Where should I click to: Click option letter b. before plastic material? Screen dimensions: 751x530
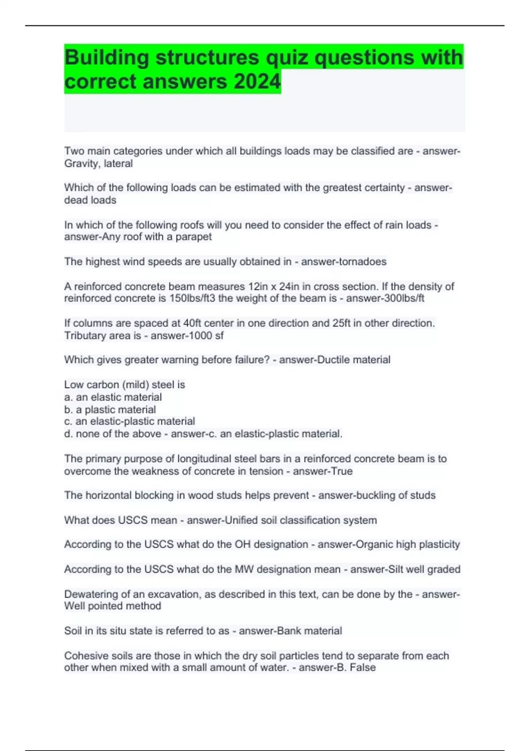point(68,410)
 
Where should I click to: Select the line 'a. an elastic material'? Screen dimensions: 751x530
point(113,397)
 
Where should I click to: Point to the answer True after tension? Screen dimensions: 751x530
point(342,471)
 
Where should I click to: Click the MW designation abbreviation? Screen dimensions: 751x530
point(244,569)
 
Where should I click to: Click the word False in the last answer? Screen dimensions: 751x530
point(363,668)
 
